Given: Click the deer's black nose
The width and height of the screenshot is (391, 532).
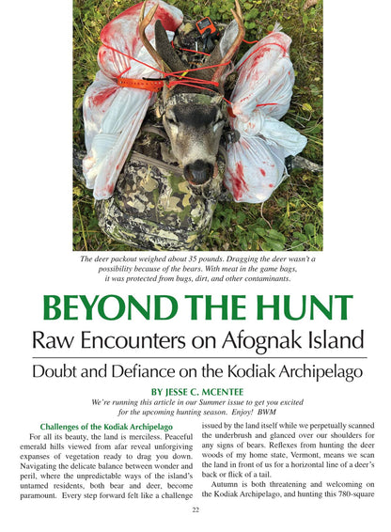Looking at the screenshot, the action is pos(196,171).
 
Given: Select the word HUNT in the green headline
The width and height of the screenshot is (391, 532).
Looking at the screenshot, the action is pos(305,308).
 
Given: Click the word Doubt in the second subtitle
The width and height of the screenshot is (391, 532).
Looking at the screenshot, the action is pos(60,371).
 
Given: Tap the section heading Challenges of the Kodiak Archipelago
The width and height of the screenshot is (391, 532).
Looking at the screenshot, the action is pos(105,426).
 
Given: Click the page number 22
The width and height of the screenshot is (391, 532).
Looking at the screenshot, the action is pos(195,509).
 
